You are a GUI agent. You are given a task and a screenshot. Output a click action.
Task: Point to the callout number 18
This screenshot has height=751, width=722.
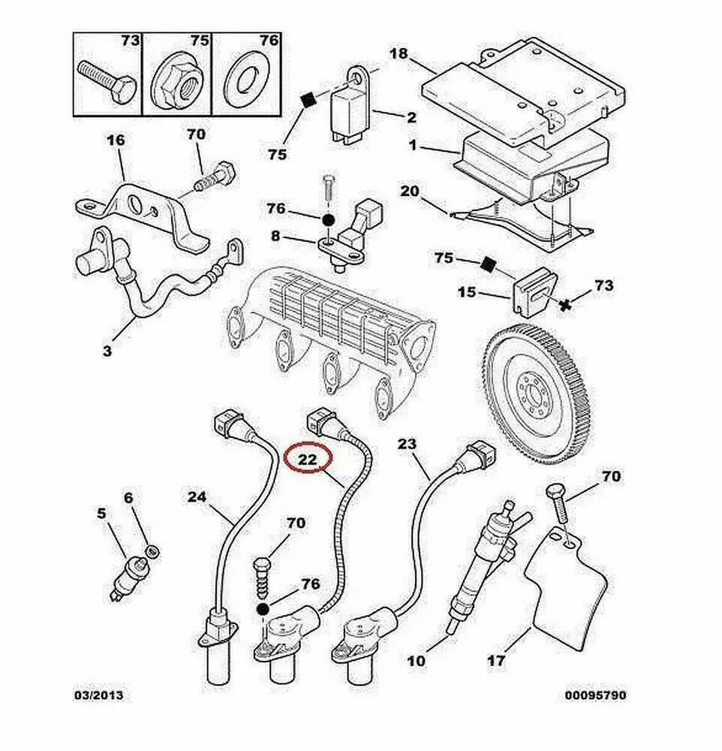pos(399,54)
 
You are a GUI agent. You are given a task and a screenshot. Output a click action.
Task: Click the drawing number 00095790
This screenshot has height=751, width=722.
pos(595,695)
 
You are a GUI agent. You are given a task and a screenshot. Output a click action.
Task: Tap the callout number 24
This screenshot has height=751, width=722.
pos(197,496)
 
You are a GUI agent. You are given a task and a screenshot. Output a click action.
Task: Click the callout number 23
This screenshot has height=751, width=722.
pos(406,445)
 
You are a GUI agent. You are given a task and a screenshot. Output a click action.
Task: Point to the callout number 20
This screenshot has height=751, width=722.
pos(409,191)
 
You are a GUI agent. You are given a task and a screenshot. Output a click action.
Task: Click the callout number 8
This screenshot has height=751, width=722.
pos(275,237)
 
